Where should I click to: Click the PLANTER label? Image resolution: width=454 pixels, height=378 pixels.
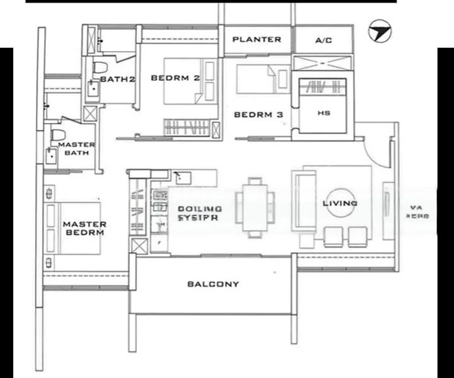click(x=257, y=39)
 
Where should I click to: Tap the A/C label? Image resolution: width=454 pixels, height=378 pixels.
click(x=323, y=40)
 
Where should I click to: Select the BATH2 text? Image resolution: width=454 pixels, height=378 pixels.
click(x=118, y=79)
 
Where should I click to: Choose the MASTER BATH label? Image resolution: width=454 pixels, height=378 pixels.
click(x=76, y=149)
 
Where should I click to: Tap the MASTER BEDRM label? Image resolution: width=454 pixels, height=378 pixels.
click(x=84, y=228)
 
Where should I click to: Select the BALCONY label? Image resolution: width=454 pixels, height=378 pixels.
click(x=213, y=284)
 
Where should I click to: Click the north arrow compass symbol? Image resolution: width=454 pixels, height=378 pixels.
click(x=378, y=31)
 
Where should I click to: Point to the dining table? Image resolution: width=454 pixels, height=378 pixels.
click(x=255, y=206)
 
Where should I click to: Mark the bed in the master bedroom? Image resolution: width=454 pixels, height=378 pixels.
click(x=73, y=227)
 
